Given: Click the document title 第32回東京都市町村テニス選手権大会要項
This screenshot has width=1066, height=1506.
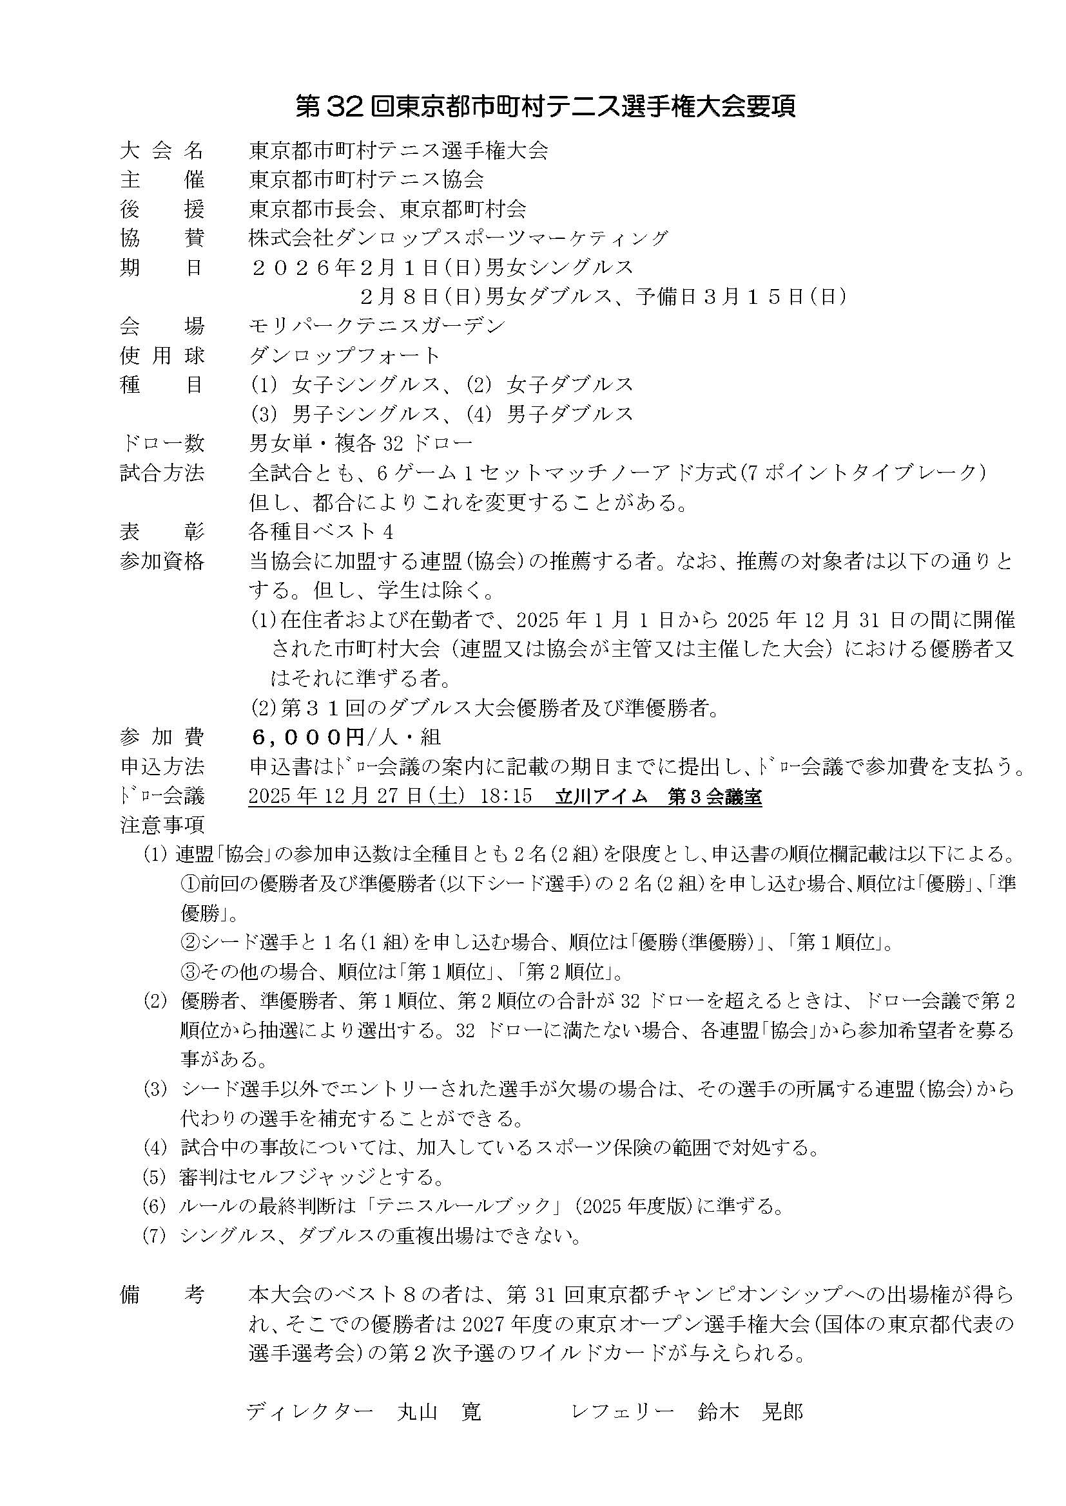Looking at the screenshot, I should [x=545, y=107].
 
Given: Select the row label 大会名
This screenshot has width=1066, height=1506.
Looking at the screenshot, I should [x=162, y=151].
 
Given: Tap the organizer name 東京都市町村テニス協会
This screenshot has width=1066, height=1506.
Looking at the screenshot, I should [x=366, y=180].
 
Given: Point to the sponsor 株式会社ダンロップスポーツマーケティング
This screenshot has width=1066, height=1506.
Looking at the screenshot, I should [x=458, y=238].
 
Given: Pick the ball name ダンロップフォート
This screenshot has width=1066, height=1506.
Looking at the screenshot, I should [x=344, y=355].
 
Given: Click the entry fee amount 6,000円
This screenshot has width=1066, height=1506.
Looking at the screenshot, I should [x=308, y=737].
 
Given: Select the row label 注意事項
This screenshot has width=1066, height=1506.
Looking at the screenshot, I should [x=162, y=825].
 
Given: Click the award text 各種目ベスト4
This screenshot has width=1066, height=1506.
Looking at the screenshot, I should [x=321, y=531].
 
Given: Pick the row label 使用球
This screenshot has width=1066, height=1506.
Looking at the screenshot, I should [x=162, y=355].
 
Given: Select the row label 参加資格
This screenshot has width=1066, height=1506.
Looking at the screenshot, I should [x=162, y=561].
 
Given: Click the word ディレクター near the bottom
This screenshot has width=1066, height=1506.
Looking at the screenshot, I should [x=310, y=1411].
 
